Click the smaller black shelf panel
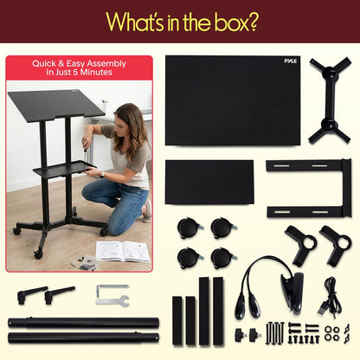coord(209,181)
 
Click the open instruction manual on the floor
coord(122,251)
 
